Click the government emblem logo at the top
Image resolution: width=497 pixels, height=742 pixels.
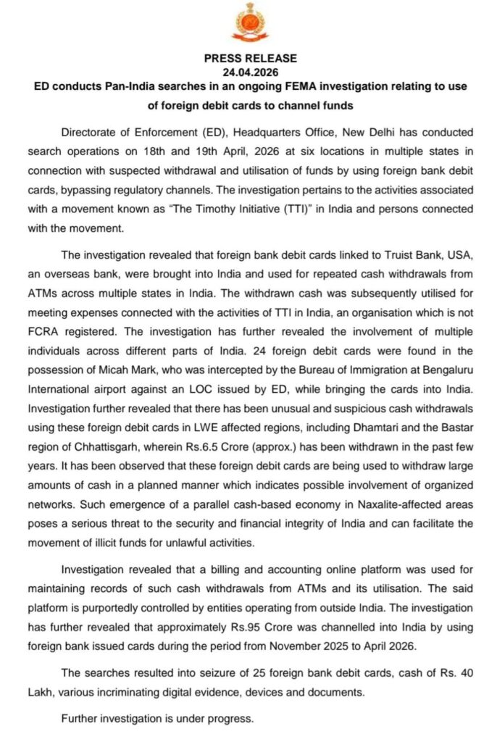(x=249, y=22)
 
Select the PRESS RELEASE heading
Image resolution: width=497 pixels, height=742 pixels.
(x=250, y=59)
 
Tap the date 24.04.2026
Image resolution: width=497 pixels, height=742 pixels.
(x=250, y=72)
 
